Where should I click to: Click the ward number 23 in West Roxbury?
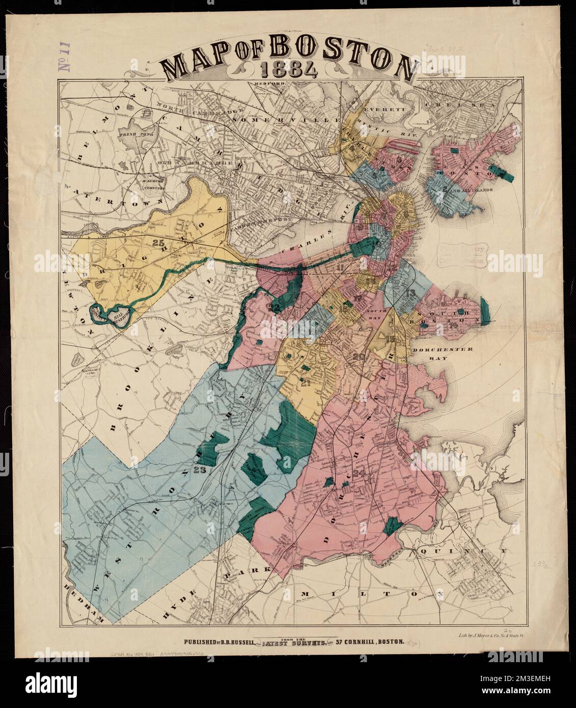tap(199, 470)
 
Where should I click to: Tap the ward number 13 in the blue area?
tap(410, 293)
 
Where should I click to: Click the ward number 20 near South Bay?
tap(358, 357)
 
